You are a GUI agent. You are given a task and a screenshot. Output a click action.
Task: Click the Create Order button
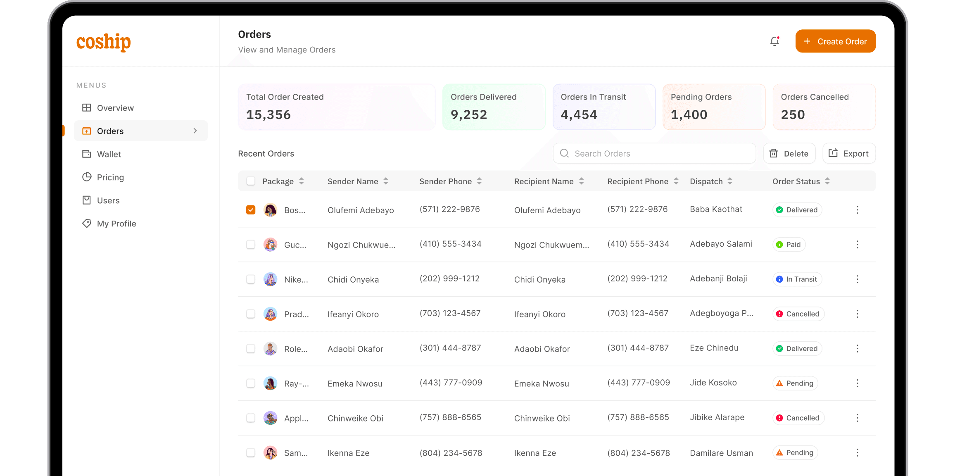click(x=835, y=41)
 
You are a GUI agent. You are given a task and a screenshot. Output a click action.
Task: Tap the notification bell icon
click(x=774, y=41)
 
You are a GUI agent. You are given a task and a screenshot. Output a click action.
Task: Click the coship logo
click(x=104, y=42)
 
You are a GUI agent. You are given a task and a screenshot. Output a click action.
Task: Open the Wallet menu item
click(x=109, y=154)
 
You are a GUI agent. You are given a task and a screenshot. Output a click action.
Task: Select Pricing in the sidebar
click(x=110, y=177)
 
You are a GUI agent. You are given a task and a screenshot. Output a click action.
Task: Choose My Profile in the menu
click(x=116, y=224)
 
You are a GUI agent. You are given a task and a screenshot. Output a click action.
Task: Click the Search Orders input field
click(x=661, y=154)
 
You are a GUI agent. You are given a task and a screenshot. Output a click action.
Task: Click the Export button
click(x=849, y=154)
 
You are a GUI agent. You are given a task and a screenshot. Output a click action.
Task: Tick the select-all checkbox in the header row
click(x=251, y=181)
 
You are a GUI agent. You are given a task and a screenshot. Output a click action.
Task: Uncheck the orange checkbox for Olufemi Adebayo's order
click(x=251, y=210)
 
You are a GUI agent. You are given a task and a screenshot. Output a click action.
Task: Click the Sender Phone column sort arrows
click(x=479, y=181)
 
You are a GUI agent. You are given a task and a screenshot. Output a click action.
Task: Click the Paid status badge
click(x=789, y=245)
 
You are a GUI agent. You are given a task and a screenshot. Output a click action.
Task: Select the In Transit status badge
click(x=797, y=279)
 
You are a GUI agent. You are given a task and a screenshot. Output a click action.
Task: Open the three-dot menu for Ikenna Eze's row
click(x=857, y=453)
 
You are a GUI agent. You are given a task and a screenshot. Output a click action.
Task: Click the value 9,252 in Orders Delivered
click(x=469, y=114)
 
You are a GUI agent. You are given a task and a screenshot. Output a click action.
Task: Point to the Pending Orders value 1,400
click(x=689, y=114)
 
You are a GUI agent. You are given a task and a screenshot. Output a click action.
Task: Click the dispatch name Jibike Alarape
click(x=717, y=417)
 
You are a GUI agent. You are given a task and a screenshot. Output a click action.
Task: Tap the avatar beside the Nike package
click(x=271, y=279)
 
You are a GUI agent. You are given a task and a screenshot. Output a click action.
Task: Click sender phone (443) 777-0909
click(x=451, y=383)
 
